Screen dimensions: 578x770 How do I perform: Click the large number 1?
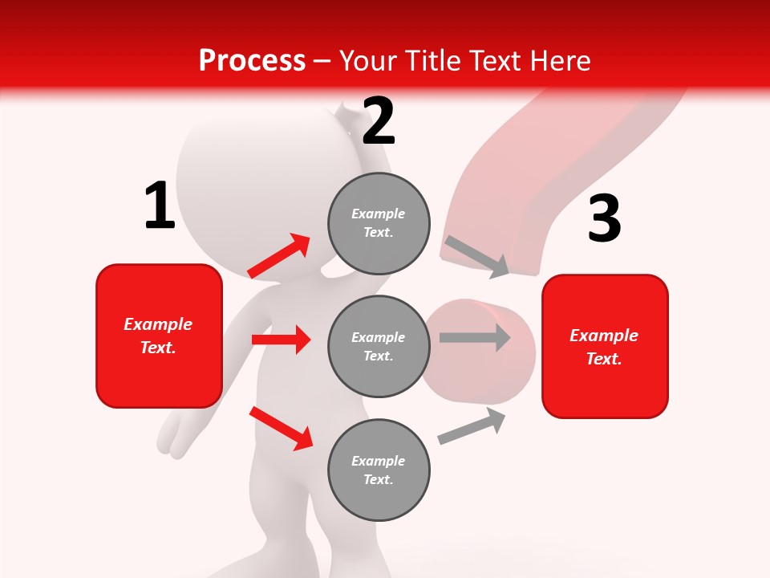point(160,206)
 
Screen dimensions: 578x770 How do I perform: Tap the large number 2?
point(379,122)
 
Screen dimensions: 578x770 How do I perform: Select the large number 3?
point(605,219)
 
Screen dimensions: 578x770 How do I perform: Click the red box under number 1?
point(159,336)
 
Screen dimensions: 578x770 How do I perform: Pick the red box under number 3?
point(605,347)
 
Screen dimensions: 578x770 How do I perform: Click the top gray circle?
point(379,223)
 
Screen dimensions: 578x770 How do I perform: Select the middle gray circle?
point(379,346)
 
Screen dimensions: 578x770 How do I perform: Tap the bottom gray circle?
point(379,470)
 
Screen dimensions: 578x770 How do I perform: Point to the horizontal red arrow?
point(281,340)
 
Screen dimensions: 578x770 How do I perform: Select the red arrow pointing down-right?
point(281,427)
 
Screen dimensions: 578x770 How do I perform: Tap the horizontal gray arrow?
point(475,337)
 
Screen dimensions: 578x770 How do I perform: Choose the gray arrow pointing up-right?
point(472,425)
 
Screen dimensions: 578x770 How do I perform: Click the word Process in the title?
point(252,61)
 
